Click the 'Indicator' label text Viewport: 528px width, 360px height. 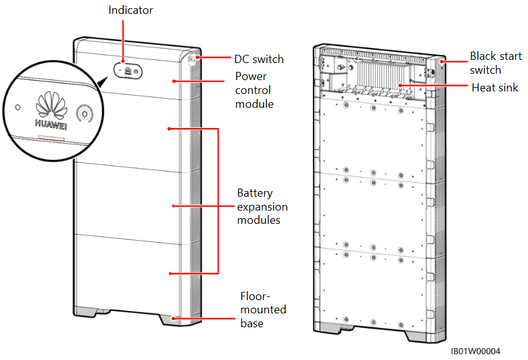[130, 10]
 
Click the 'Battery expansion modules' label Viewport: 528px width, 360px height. [262, 206]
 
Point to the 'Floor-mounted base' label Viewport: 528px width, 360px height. [262, 310]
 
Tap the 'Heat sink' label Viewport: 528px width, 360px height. [495, 88]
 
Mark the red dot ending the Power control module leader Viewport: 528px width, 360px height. [175, 81]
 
